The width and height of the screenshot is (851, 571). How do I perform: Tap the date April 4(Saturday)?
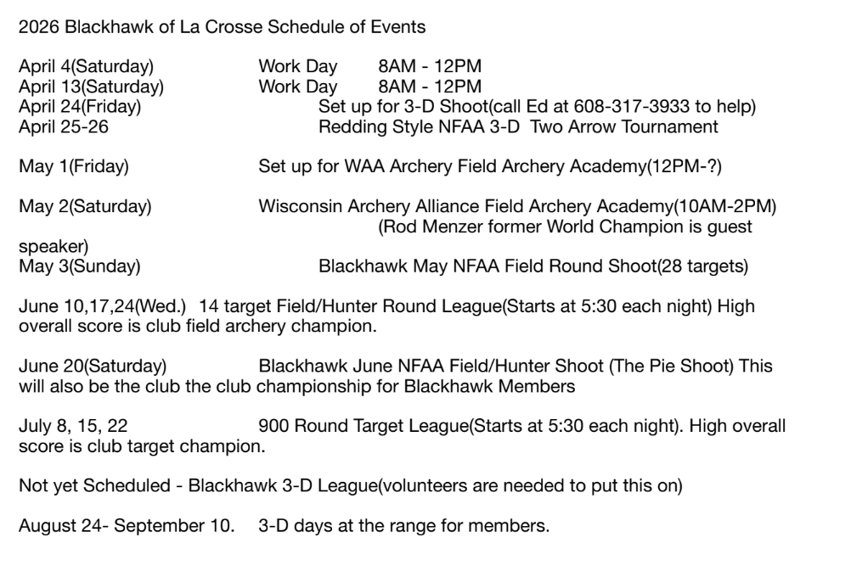pyautogui.click(x=86, y=66)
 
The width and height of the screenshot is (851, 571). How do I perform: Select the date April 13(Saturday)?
pyautogui.click(x=91, y=86)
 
